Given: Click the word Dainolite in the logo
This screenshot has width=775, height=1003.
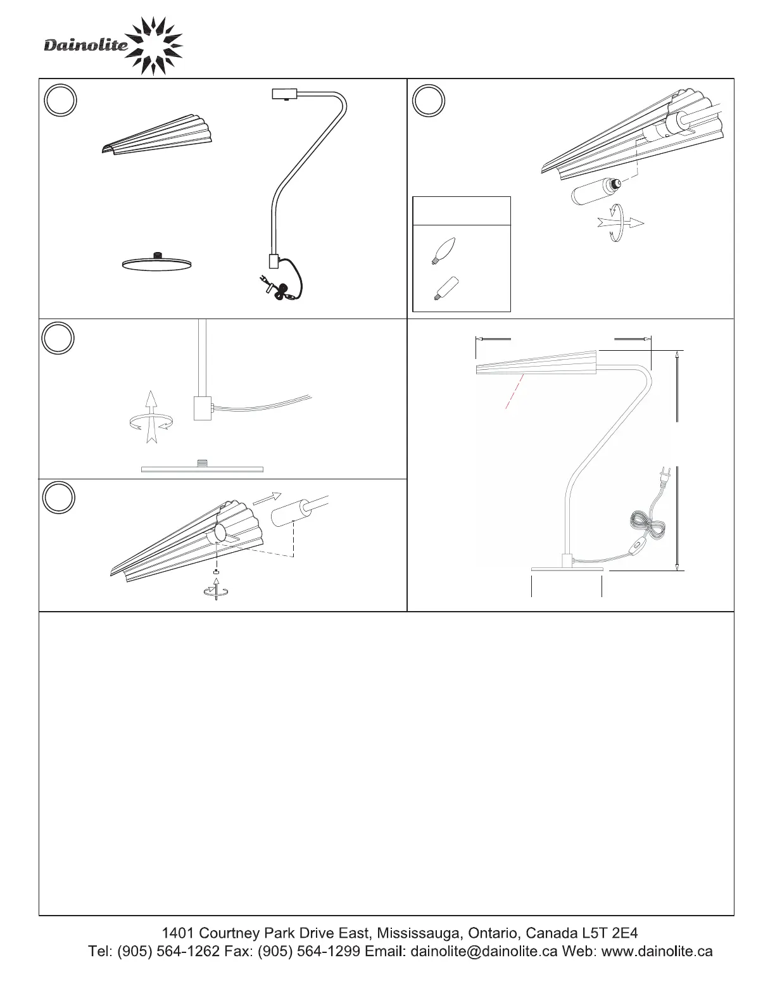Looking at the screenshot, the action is (x=86, y=45).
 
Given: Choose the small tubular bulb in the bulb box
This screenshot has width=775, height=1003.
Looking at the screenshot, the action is (x=445, y=288).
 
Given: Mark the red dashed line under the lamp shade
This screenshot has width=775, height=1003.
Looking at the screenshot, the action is (x=515, y=391).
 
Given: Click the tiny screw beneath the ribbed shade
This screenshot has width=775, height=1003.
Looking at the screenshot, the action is (x=216, y=572).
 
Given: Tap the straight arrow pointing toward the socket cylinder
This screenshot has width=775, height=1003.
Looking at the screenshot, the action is (x=267, y=498).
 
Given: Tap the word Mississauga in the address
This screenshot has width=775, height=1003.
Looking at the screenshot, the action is (x=418, y=933).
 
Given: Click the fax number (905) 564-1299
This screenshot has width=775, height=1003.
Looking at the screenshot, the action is (x=309, y=951).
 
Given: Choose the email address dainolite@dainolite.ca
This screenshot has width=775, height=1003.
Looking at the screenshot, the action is (x=484, y=951).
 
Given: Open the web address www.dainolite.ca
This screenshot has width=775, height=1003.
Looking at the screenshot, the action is (x=657, y=951).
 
